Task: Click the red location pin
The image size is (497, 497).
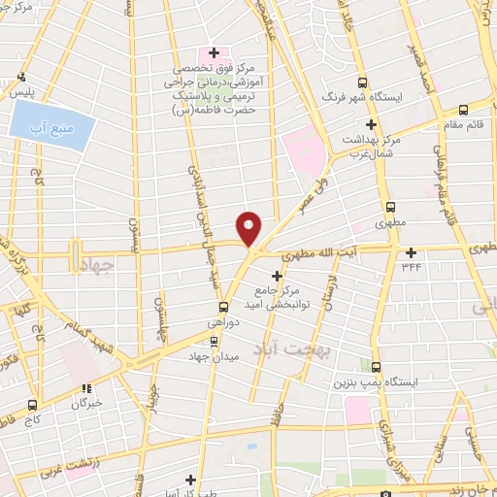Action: point(249,228)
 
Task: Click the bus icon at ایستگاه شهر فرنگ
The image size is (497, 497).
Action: point(363,83)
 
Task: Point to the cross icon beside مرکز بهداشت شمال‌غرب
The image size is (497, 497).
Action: point(370,124)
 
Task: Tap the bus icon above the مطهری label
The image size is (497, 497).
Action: point(390,207)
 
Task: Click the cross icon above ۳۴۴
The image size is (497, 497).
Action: point(412,251)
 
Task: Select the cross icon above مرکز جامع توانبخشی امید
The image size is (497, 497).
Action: point(277,276)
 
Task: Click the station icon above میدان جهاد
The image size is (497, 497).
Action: point(215,341)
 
